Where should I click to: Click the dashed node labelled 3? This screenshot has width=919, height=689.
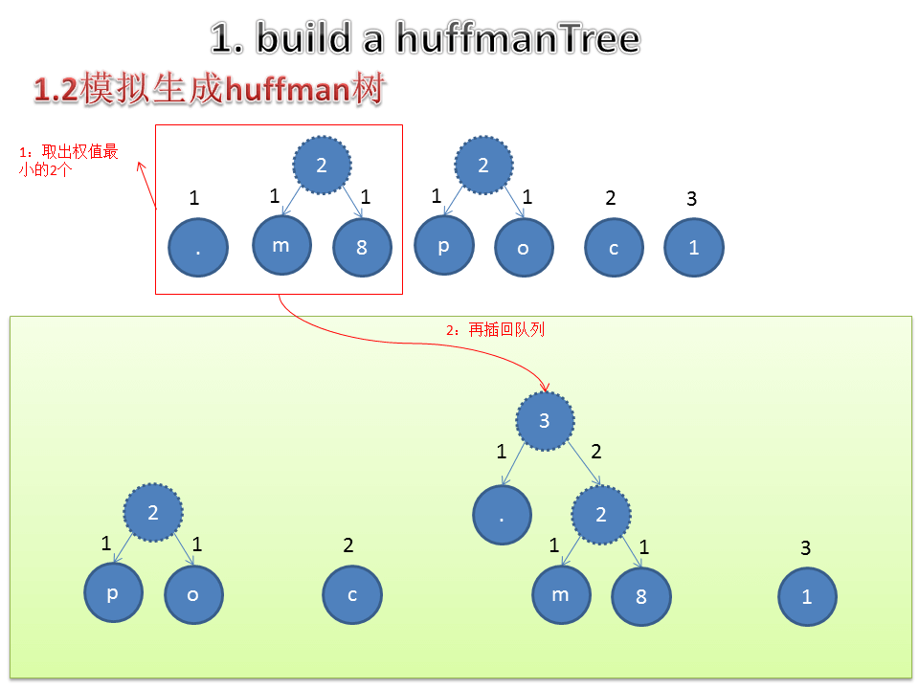pyautogui.click(x=545, y=420)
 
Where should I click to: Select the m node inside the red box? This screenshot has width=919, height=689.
pyautogui.click(x=281, y=245)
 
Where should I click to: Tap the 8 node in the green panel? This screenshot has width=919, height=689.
pyautogui.click(x=641, y=596)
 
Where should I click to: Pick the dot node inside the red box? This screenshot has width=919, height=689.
pyautogui.click(x=198, y=248)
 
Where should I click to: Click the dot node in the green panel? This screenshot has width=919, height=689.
pyautogui.click(x=503, y=517)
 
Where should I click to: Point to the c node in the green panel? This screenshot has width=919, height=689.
pyautogui.click(x=352, y=594)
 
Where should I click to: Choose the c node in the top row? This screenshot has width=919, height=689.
pyautogui.click(x=614, y=248)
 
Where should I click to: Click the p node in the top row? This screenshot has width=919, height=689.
pyautogui.click(x=443, y=245)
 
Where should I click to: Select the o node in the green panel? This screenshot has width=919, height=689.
pyautogui.click(x=193, y=594)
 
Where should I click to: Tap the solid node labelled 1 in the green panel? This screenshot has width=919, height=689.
pyautogui.click(x=807, y=596)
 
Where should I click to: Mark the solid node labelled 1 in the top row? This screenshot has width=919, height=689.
pyautogui.click(x=694, y=248)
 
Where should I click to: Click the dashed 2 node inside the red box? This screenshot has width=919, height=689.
pyautogui.click(x=322, y=166)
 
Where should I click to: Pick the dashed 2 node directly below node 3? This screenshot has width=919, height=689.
pyautogui.click(x=601, y=515)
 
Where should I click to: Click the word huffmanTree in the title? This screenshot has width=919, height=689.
pyautogui.click(x=506, y=39)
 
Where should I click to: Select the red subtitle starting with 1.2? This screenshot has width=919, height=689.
pyautogui.click(x=209, y=90)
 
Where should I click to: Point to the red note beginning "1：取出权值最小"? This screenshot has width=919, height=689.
pyautogui.click(x=70, y=161)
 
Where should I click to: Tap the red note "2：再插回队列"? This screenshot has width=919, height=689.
pyautogui.click(x=495, y=329)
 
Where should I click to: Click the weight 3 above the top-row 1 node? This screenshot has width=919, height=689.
pyautogui.click(x=692, y=199)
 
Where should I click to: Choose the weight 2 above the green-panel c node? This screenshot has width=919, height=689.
pyautogui.click(x=348, y=545)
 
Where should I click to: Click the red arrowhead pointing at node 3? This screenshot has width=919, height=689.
pyautogui.click(x=545, y=386)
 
